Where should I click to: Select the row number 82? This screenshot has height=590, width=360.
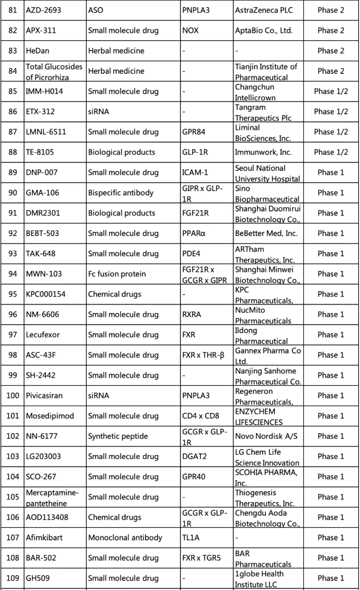click(12, 31)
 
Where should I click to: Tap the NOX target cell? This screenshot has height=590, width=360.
click(190, 31)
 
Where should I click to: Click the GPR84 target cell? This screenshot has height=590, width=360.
click(195, 132)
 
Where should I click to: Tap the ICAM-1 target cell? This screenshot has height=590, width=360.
click(195, 172)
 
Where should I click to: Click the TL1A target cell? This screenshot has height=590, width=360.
click(191, 538)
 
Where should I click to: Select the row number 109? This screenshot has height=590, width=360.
click(12, 578)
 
